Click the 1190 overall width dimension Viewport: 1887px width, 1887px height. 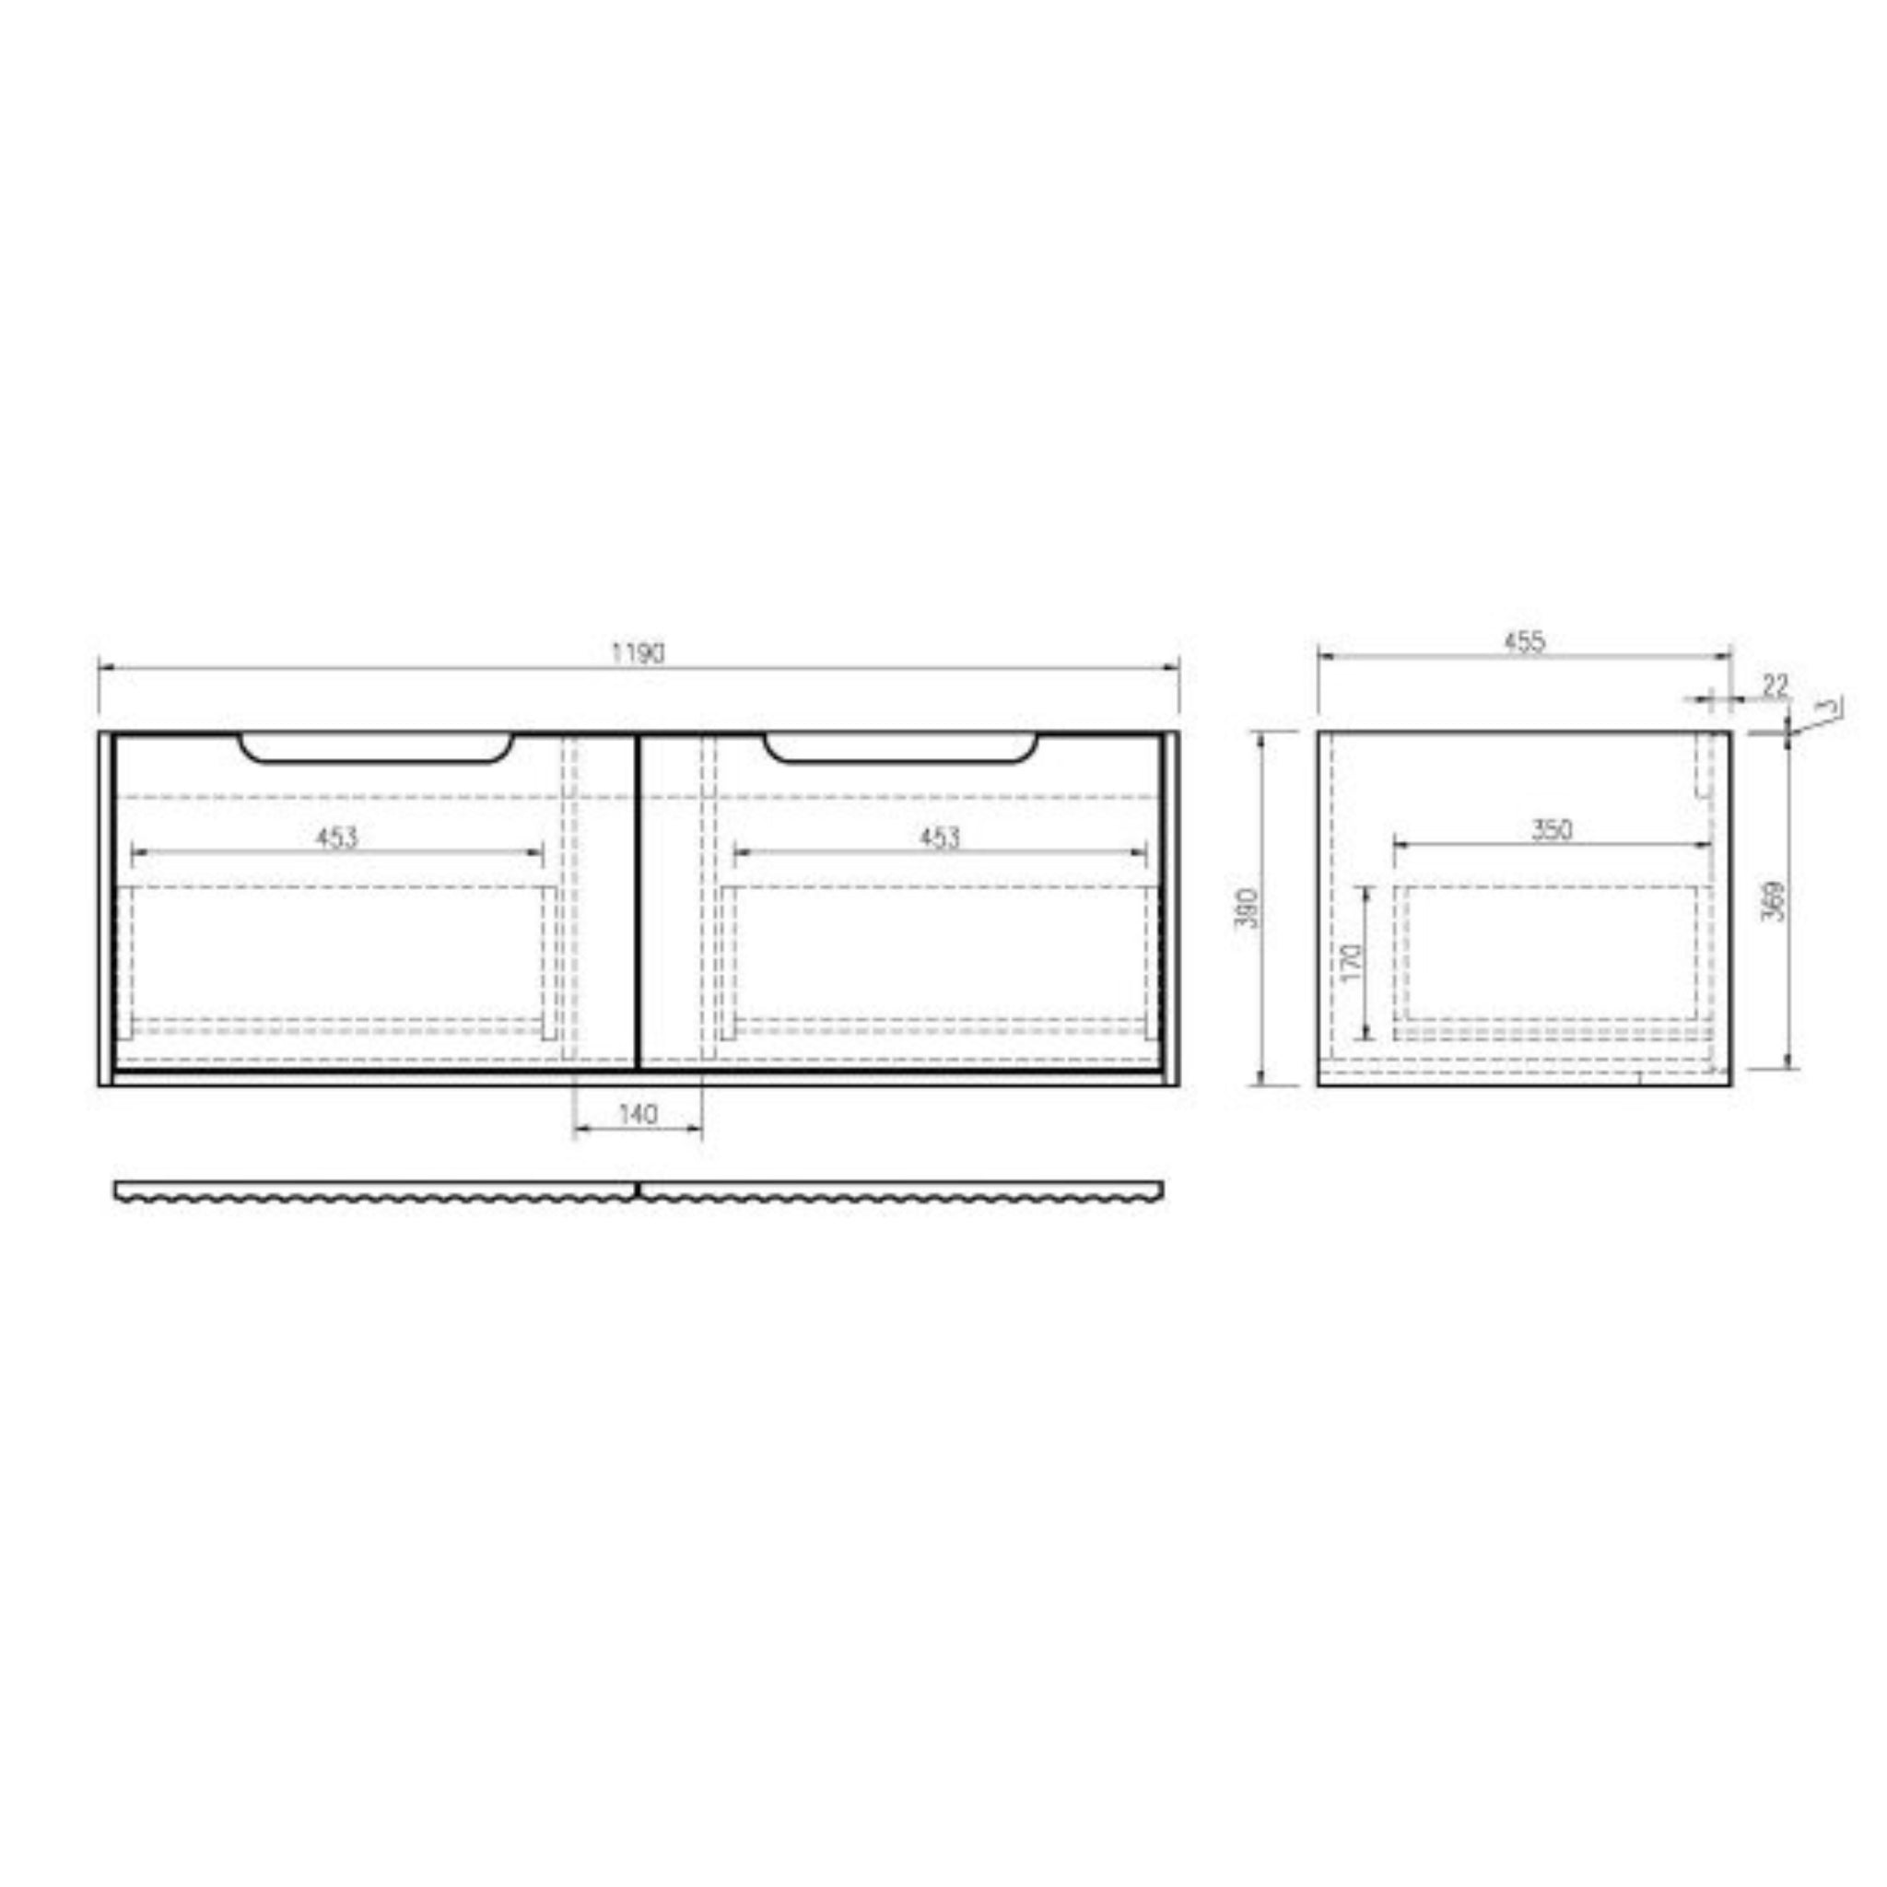pyautogui.click(x=638, y=652)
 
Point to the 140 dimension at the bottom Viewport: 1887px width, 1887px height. pyautogui.click(x=638, y=1113)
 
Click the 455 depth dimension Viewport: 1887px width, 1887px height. pyautogui.click(x=1524, y=641)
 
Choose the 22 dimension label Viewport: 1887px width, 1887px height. pyautogui.click(x=1775, y=686)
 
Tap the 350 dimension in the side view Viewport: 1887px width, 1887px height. pyautogui.click(x=1552, y=829)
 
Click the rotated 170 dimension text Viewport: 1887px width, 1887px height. pyautogui.click(x=1351, y=963)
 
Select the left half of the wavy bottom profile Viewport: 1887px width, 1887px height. pyautogui.click(x=376, y=1191)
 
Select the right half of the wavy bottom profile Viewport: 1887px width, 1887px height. pyautogui.click(x=899, y=1191)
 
